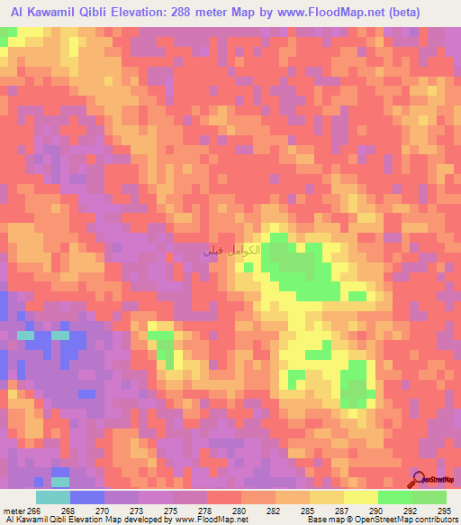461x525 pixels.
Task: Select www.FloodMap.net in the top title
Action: point(329,12)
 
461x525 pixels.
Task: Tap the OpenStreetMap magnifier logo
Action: point(417,477)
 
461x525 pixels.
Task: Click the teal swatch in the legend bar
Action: point(52,497)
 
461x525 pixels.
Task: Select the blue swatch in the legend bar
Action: point(87,497)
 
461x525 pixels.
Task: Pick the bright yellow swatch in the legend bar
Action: point(360,497)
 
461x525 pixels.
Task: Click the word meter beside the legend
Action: point(13,510)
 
